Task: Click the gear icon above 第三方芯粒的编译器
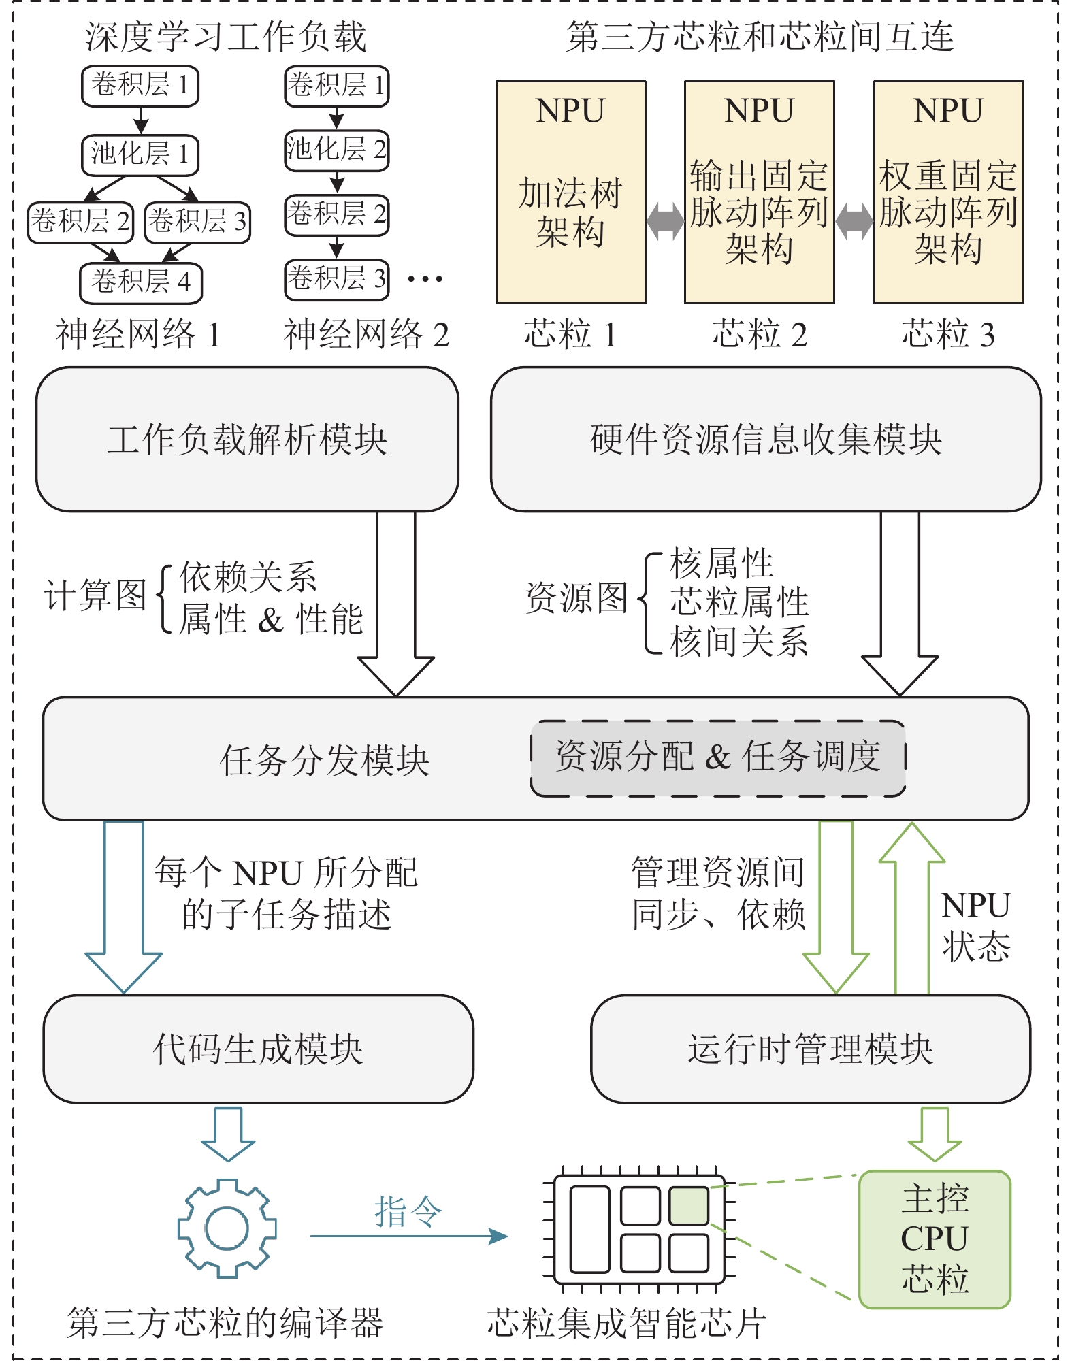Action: click(227, 1228)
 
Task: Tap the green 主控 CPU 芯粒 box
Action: click(935, 1239)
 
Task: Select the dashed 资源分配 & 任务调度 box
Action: click(717, 758)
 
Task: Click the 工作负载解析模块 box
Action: click(247, 440)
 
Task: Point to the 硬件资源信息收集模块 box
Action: click(766, 440)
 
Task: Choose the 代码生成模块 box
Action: click(258, 1049)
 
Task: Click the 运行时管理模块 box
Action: click(810, 1049)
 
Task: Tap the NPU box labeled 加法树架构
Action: click(570, 192)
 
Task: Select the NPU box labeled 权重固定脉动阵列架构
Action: click(948, 192)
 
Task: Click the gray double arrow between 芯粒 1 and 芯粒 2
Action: click(665, 221)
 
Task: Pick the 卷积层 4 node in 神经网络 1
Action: click(141, 282)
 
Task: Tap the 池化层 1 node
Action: click(140, 154)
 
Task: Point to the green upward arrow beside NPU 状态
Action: click(912, 905)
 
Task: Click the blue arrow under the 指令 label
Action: click(408, 1236)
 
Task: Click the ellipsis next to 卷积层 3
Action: click(425, 278)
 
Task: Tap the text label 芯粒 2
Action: click(759, 334)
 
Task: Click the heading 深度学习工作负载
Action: click(226, 37)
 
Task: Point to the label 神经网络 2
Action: click(366, 334)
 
